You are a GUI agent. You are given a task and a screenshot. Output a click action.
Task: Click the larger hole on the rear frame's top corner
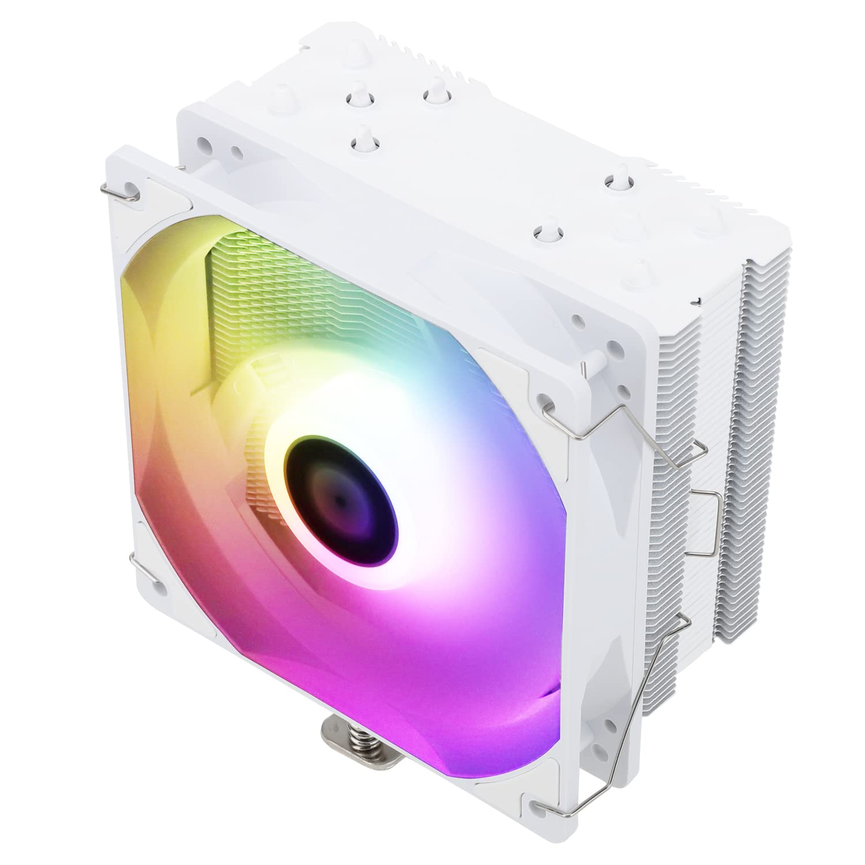click(204, 142)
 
